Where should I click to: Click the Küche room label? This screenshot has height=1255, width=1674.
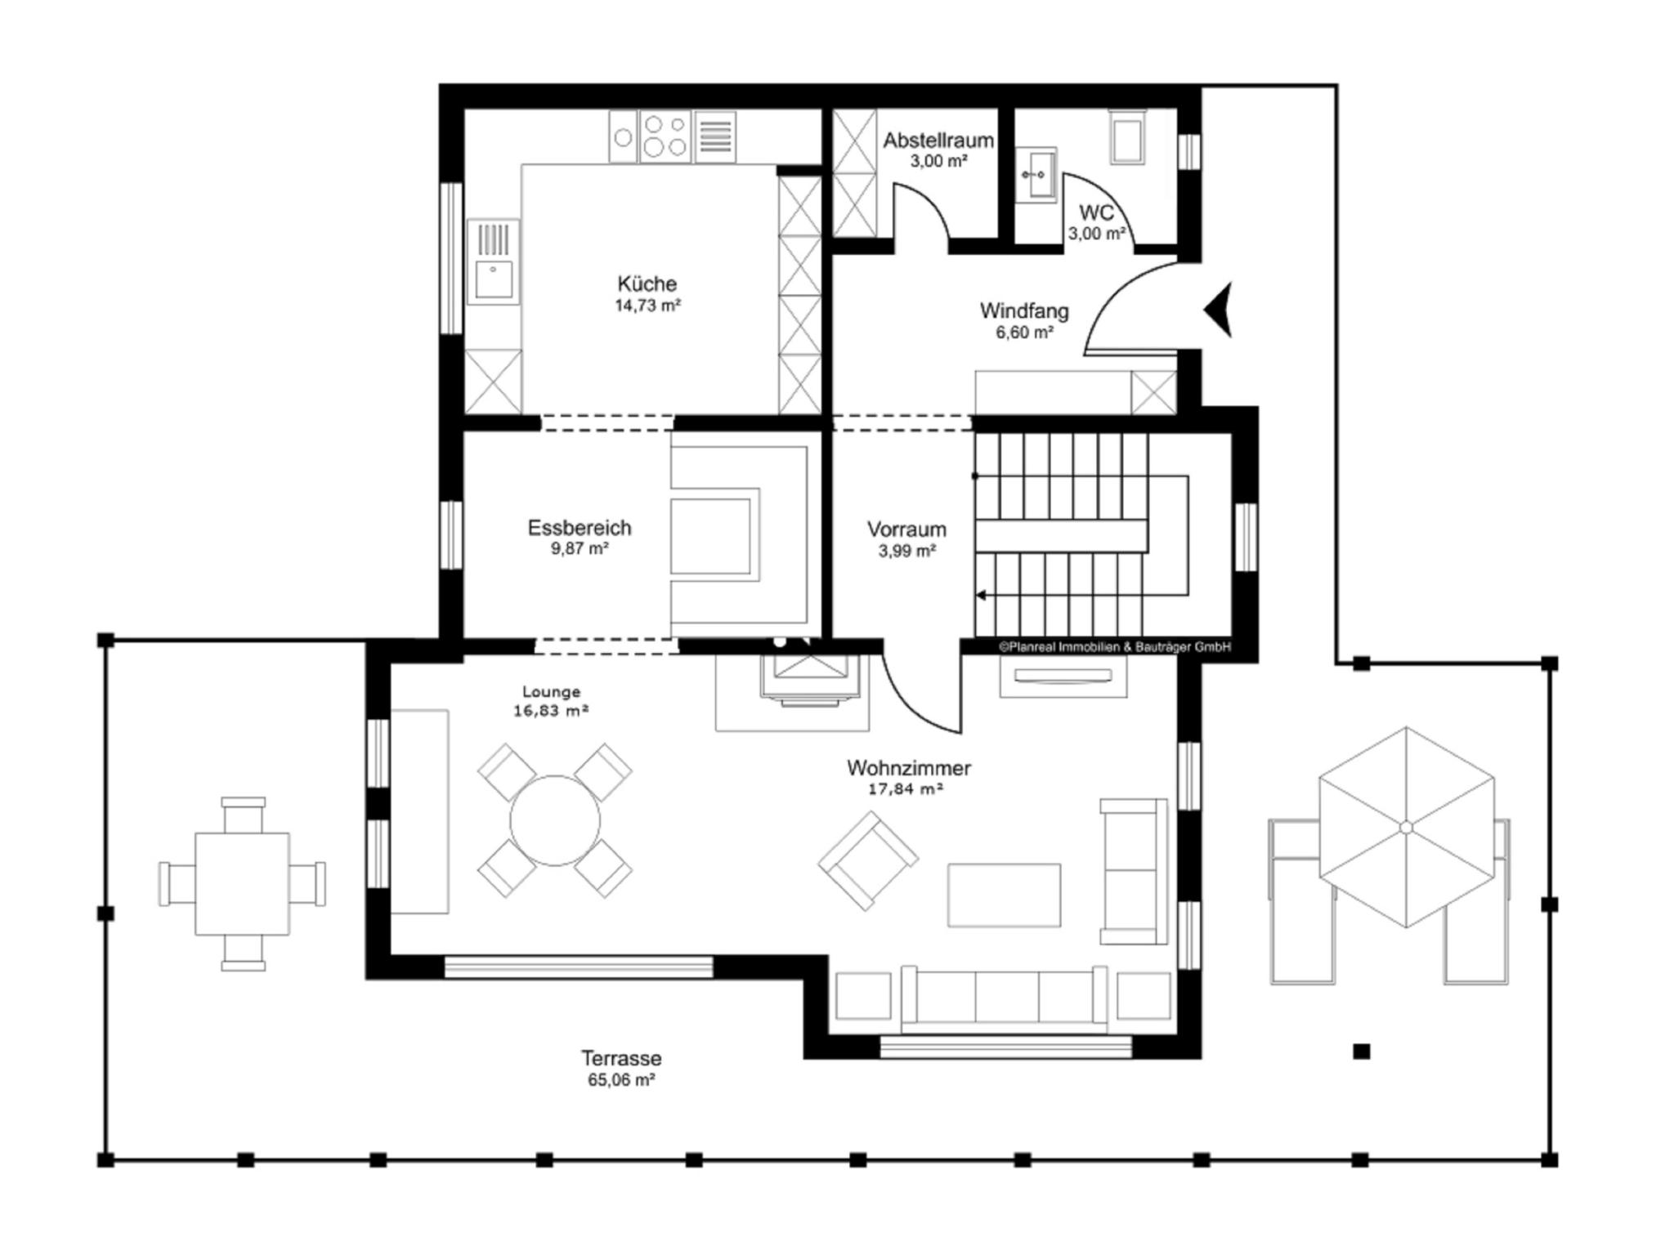647,284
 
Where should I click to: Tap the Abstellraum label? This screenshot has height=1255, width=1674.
938,141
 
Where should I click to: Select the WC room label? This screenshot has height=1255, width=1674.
1096,212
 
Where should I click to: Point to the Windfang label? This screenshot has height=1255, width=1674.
1024,311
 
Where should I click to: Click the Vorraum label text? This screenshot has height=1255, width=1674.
906,529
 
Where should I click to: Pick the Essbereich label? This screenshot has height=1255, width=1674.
580,528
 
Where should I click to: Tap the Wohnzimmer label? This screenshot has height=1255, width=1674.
909,768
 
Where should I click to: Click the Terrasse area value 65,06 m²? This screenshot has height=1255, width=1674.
621,1080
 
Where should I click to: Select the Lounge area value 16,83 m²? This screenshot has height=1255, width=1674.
551,711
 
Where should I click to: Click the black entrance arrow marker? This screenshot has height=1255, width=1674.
1219,310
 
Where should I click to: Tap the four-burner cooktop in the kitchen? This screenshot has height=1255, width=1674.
665,136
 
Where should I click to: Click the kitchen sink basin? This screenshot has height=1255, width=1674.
494,279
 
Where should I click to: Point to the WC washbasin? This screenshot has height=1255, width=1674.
1037,174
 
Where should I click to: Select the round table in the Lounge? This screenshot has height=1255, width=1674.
555,820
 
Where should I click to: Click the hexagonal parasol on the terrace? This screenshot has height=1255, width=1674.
1406,827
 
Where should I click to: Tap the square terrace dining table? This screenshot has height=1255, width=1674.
242,884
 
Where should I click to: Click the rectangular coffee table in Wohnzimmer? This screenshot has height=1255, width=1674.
1005,895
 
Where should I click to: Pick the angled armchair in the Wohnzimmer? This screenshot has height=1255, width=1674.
868,860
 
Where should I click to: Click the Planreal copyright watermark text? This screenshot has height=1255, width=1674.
1115,646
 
